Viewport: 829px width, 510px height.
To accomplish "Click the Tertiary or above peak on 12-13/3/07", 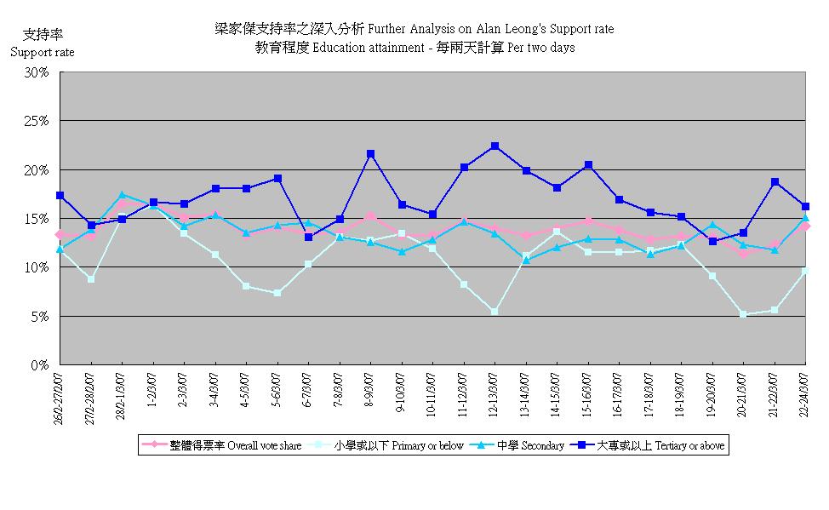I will coord(495,146).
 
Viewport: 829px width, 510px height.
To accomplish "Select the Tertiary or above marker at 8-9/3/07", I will coord(370,154).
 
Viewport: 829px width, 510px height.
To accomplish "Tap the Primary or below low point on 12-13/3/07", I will coord(495,312).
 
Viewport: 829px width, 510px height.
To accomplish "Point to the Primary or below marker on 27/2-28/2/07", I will coord(90,279).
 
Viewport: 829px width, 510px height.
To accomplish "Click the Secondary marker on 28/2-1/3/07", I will coord(122,195).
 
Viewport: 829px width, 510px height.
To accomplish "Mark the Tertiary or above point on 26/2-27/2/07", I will coord(60,195).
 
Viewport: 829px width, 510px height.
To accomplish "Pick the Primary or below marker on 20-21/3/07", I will coord(743,314).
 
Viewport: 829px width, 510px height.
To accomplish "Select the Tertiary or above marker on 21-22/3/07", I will coord(775,182).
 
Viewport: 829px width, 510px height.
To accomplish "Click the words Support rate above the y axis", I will coord(43,53).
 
